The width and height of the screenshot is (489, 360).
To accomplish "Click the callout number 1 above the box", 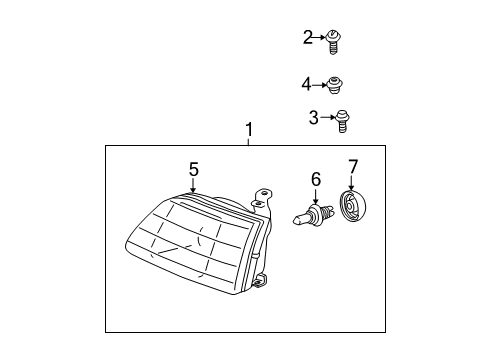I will pyautogui.click(x=249, y=130).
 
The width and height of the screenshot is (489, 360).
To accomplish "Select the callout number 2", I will pyautogui.click(x=308, y=38).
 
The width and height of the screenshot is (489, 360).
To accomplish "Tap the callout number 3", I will pyautogui.click(x=313, y=118).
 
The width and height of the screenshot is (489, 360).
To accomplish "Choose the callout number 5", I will pyautogui.click(x=194, y=169).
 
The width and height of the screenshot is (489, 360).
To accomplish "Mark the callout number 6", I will pyautogui.click(x=315, y=179).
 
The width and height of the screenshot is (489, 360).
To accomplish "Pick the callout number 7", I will pyautogui.click(x=352, y=165).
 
